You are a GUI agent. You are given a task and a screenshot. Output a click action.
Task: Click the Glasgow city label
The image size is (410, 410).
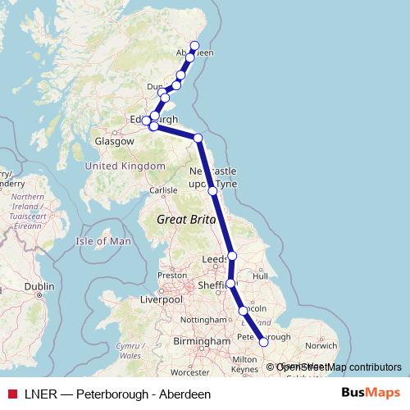[114, 141]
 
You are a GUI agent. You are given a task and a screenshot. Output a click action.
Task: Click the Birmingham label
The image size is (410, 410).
[197, 340]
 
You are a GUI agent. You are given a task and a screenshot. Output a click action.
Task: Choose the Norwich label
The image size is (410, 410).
[321, 345]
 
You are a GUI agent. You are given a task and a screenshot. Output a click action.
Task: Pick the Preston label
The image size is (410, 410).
[172, 276]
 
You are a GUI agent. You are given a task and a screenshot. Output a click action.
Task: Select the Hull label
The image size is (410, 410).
[262, 277]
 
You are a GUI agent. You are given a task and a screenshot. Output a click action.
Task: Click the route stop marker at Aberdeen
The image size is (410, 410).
[195, 45]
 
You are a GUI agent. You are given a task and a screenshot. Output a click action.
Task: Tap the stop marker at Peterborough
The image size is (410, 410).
[264, 342]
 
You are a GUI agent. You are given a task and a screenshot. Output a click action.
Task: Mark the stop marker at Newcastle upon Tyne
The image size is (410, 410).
[212, 191]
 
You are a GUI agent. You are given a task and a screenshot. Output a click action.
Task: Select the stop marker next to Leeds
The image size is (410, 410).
[232, 256]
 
